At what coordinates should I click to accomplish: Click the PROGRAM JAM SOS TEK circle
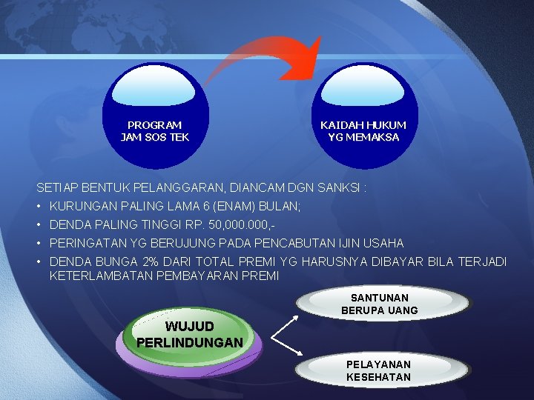pos(155,111)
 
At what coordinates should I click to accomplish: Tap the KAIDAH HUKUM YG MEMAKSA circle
pos(363,111)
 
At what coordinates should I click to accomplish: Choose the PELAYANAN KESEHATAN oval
pos(378,370)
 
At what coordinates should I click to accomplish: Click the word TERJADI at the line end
pos(482,261)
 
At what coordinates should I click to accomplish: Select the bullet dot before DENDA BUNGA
pos(39,261)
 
